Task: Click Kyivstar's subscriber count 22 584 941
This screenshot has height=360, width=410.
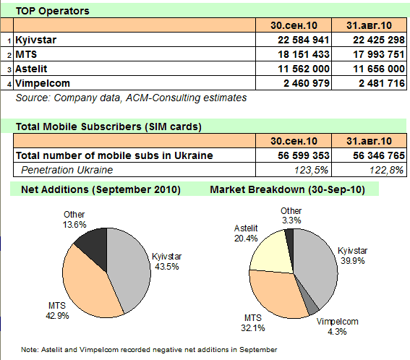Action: click(303, 40)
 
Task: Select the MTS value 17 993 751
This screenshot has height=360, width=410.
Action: click(379, 54)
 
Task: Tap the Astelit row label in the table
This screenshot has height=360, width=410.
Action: click(31, 69)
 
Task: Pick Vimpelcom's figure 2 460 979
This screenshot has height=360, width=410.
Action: click(307, 83)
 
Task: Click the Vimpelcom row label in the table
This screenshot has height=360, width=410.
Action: click(43, 83)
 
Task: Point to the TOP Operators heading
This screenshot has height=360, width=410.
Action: click(53, 11)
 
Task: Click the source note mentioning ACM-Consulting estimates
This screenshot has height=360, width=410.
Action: click(131, 98)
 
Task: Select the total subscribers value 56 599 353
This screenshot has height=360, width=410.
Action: click(303, 155)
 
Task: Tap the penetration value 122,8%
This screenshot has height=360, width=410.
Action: click(386, 170)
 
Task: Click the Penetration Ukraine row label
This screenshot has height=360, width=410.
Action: click(67, 170)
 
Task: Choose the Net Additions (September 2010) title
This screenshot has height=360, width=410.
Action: click(101, 189)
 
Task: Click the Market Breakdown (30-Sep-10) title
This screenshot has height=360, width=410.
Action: click(287, 189)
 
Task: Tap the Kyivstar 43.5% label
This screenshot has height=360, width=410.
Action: click(167, 262)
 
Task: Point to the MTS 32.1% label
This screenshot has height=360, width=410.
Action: click(253, 323)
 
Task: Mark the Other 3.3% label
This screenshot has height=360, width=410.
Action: click(291, 215)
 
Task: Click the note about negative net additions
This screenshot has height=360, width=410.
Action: click(149, 350)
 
